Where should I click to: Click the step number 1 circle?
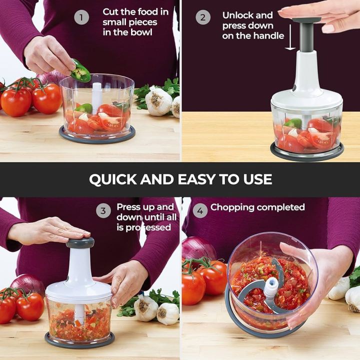click(81, 17)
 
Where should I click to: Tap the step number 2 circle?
click(203, 17)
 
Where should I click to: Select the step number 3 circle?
click(103, 210)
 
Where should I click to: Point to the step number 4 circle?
click(200, 210)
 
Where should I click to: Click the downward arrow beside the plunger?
click(290, 37)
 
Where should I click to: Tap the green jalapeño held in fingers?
click(80, 71)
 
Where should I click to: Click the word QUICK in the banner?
click(113, 179)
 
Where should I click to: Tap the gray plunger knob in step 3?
click(80, 242)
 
